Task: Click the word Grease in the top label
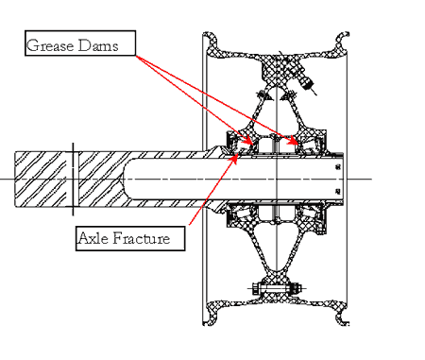[x=50, y=45]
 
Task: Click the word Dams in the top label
[x=98, y=45]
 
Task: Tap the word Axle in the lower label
[x=93, y=238]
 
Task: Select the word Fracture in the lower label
[x=141, y=238]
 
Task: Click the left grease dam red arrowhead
[x=248, y=140]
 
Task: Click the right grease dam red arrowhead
[x=294, y=141]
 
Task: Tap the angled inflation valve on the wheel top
[x=306, y=81]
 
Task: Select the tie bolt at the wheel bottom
[x=276, y=288]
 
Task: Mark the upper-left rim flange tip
[x=208, y=34]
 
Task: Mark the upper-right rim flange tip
[x=344, y=34]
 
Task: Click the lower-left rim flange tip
[x=208, y=322]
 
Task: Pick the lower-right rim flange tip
[x=344, y=322]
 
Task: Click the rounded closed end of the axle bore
[x=126, y=179]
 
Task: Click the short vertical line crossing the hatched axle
[x=74, y=179]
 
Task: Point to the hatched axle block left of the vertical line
[x=41, y=179]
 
